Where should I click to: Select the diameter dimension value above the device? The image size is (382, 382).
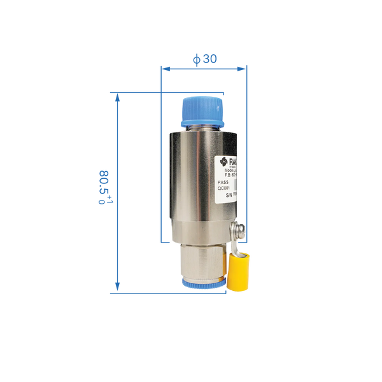point(205,59)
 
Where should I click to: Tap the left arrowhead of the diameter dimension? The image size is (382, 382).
point(165,68)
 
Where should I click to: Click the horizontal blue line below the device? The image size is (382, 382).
point(172,294)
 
